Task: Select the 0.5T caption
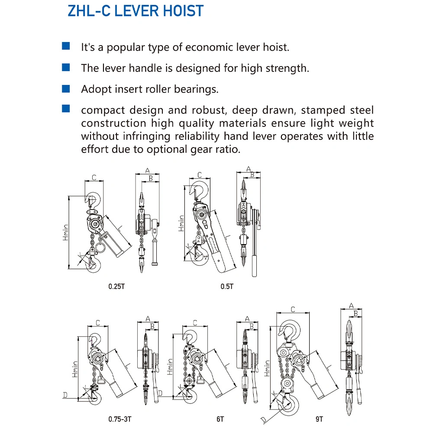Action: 227,286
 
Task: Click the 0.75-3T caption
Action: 120,419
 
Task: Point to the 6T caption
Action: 220,419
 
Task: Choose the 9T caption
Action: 320,419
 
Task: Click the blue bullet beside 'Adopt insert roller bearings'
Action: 66,89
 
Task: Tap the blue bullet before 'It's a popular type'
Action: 66,46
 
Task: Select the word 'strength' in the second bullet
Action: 286,68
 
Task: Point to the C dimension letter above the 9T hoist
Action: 293,309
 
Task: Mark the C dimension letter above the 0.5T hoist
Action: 200,175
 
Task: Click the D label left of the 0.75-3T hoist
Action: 65,395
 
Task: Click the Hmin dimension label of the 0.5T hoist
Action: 181,223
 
